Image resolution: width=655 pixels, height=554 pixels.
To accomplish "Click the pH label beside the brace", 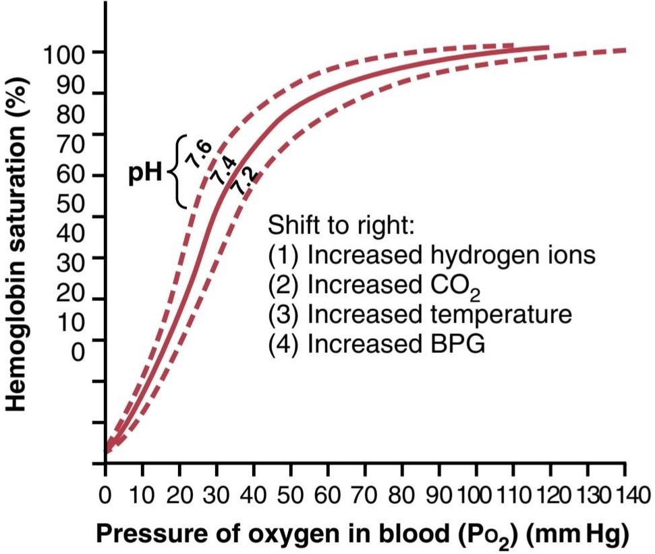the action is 144,173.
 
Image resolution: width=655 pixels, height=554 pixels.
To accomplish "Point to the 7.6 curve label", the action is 200,155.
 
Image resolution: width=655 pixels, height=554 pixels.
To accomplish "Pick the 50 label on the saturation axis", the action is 71,204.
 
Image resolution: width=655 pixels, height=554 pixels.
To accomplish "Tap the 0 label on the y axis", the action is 78,352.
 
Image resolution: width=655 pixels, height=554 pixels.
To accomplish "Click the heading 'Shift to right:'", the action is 341,225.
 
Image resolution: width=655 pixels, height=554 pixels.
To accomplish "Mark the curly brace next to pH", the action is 177,171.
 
